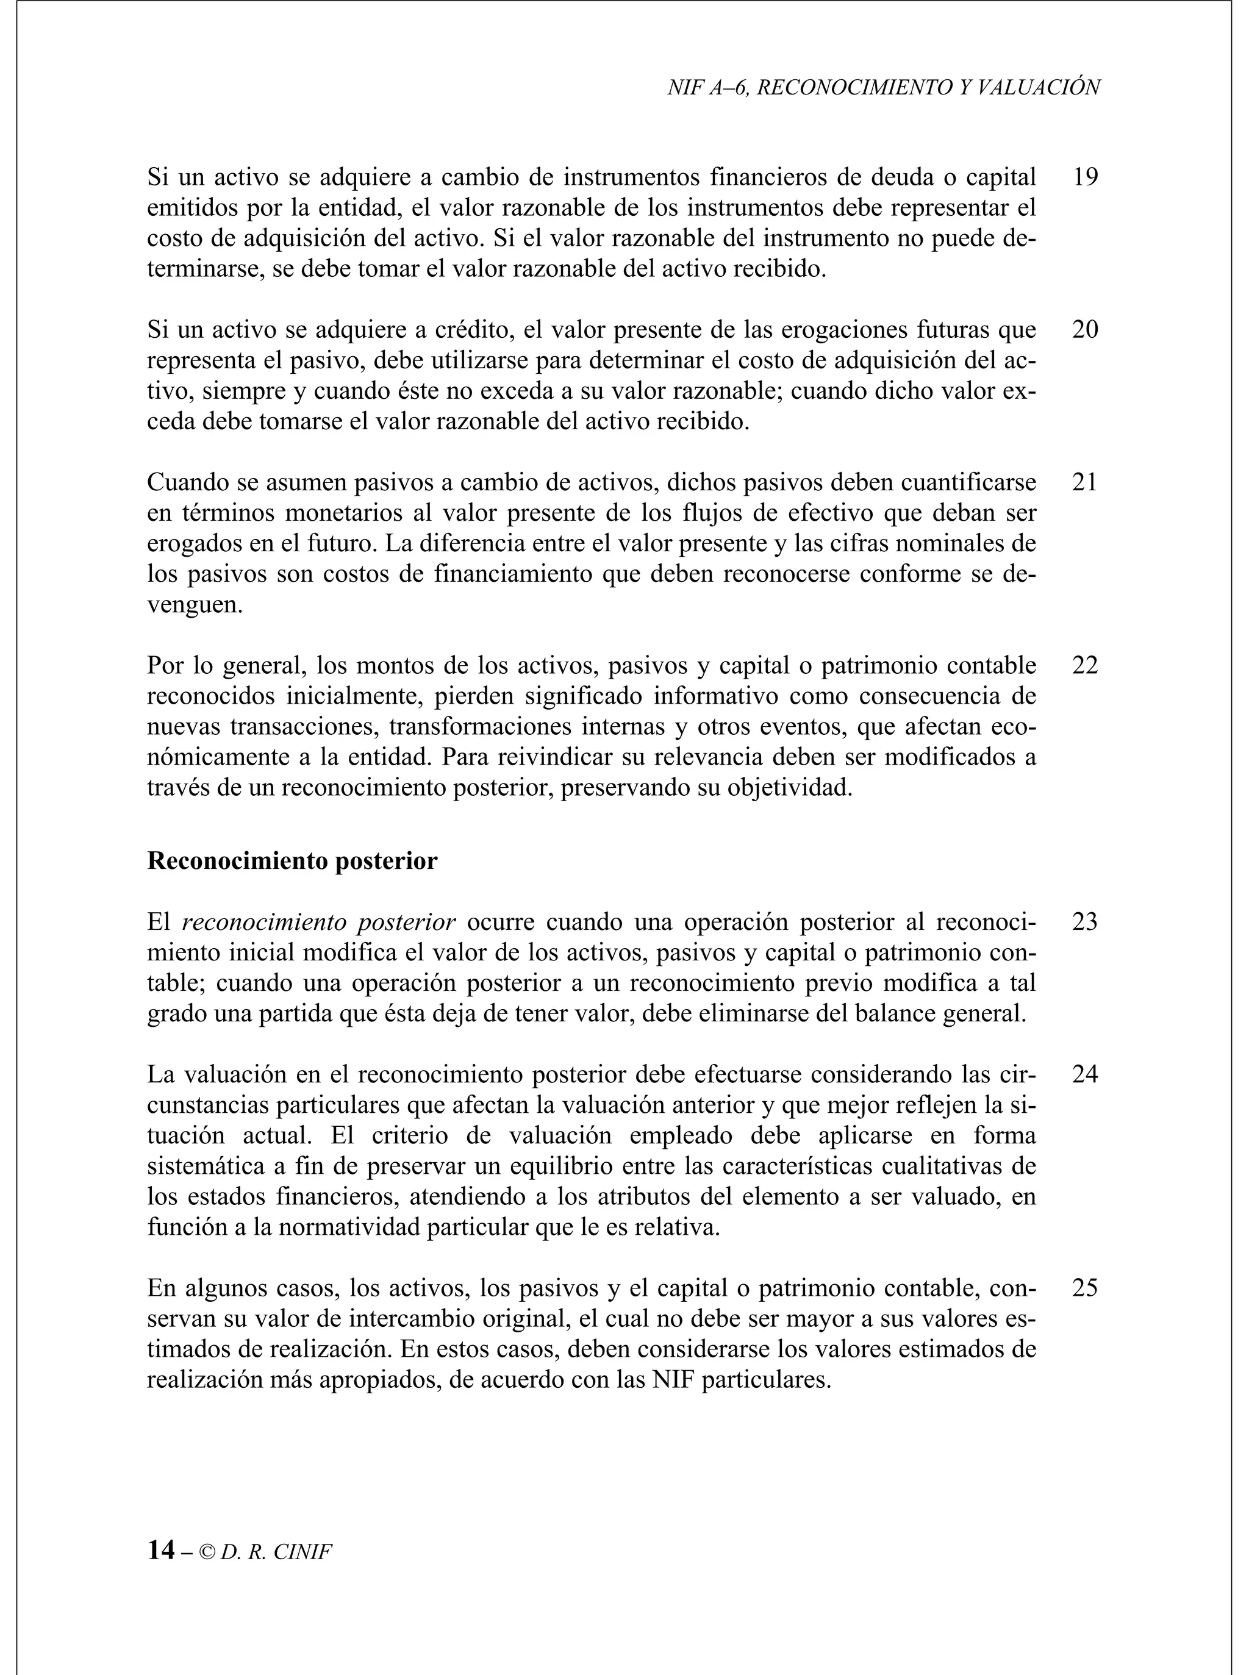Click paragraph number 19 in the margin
click(1084, 177)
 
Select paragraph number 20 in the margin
click(1084, 330)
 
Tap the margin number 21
click(1084, 482)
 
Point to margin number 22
click(1084, 666)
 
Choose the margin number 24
click(1084, 1075)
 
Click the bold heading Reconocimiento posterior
click(292, 862)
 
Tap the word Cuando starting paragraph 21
click(189, 482)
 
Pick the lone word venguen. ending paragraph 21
click(195, 606)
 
